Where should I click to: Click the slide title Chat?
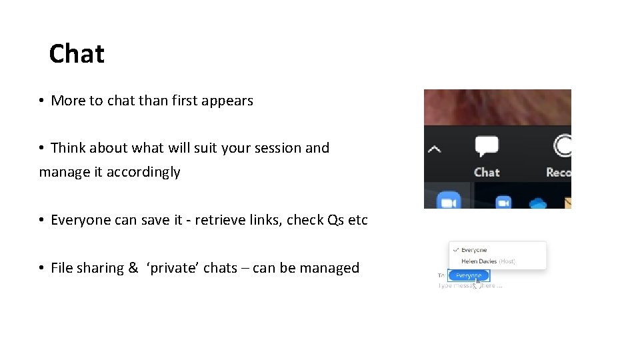pos(77,54)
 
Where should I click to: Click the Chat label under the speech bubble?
pos(487,172)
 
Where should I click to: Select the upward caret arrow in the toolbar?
pos(434,149)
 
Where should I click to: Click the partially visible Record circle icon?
pos(563,146)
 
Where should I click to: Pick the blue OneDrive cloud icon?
pos(537,203)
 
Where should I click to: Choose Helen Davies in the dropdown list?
pos(479,261)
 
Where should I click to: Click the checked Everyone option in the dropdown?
pos(474,250)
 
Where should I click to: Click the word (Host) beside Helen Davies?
pos(507,261)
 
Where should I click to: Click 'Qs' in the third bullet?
pos(335,220)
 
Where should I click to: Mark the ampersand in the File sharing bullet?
pos(133,268)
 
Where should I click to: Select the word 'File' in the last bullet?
pos(61,268)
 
